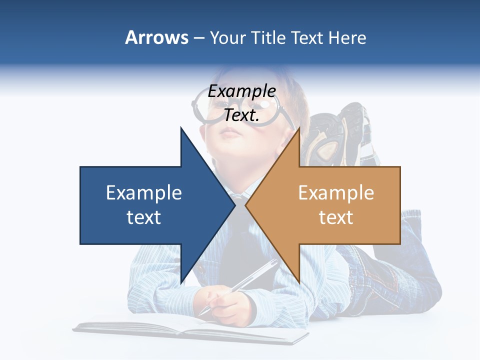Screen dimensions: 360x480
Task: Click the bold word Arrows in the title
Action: point(157,37)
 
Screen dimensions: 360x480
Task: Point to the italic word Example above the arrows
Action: point(241,91)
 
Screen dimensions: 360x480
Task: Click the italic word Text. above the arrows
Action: point(241,115)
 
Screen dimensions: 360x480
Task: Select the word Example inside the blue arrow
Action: point(144,193)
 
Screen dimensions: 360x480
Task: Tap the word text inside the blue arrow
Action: point(144,217)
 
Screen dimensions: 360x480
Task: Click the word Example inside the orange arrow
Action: point(336,193)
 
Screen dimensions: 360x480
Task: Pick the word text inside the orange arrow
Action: point(336,217)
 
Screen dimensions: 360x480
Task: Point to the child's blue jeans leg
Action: point(400,270)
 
